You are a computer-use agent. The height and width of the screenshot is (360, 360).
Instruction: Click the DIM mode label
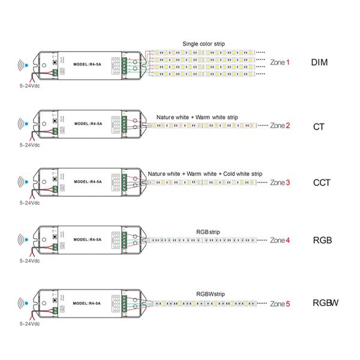click(319, 62)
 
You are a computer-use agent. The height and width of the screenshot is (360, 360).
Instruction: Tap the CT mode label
click(319, 126)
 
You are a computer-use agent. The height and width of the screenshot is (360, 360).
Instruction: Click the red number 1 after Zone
click(287, 62)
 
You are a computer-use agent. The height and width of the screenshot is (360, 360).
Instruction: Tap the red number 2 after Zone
click(288, 126)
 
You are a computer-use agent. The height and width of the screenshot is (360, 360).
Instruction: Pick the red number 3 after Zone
click(288, 182)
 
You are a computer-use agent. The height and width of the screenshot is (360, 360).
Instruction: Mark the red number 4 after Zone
click(288, 241)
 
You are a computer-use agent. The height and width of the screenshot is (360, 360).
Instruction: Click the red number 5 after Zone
click(288, 304)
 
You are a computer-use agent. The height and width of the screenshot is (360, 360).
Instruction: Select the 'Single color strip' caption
click(207, 44)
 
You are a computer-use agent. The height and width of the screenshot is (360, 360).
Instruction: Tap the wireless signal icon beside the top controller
click(23, 64)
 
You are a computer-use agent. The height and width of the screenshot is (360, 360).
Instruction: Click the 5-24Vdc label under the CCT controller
click(28, 203)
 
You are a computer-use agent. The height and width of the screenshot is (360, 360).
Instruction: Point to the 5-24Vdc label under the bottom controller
click(28, 326)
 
